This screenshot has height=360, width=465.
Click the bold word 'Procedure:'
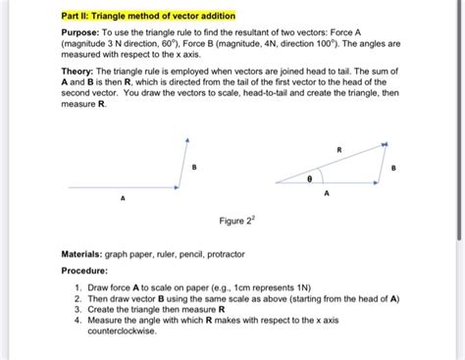coord(89,269)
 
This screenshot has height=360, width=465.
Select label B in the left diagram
coord(195,168)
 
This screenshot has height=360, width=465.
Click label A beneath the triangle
coord(327,194)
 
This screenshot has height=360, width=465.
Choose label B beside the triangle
coord(394,168)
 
